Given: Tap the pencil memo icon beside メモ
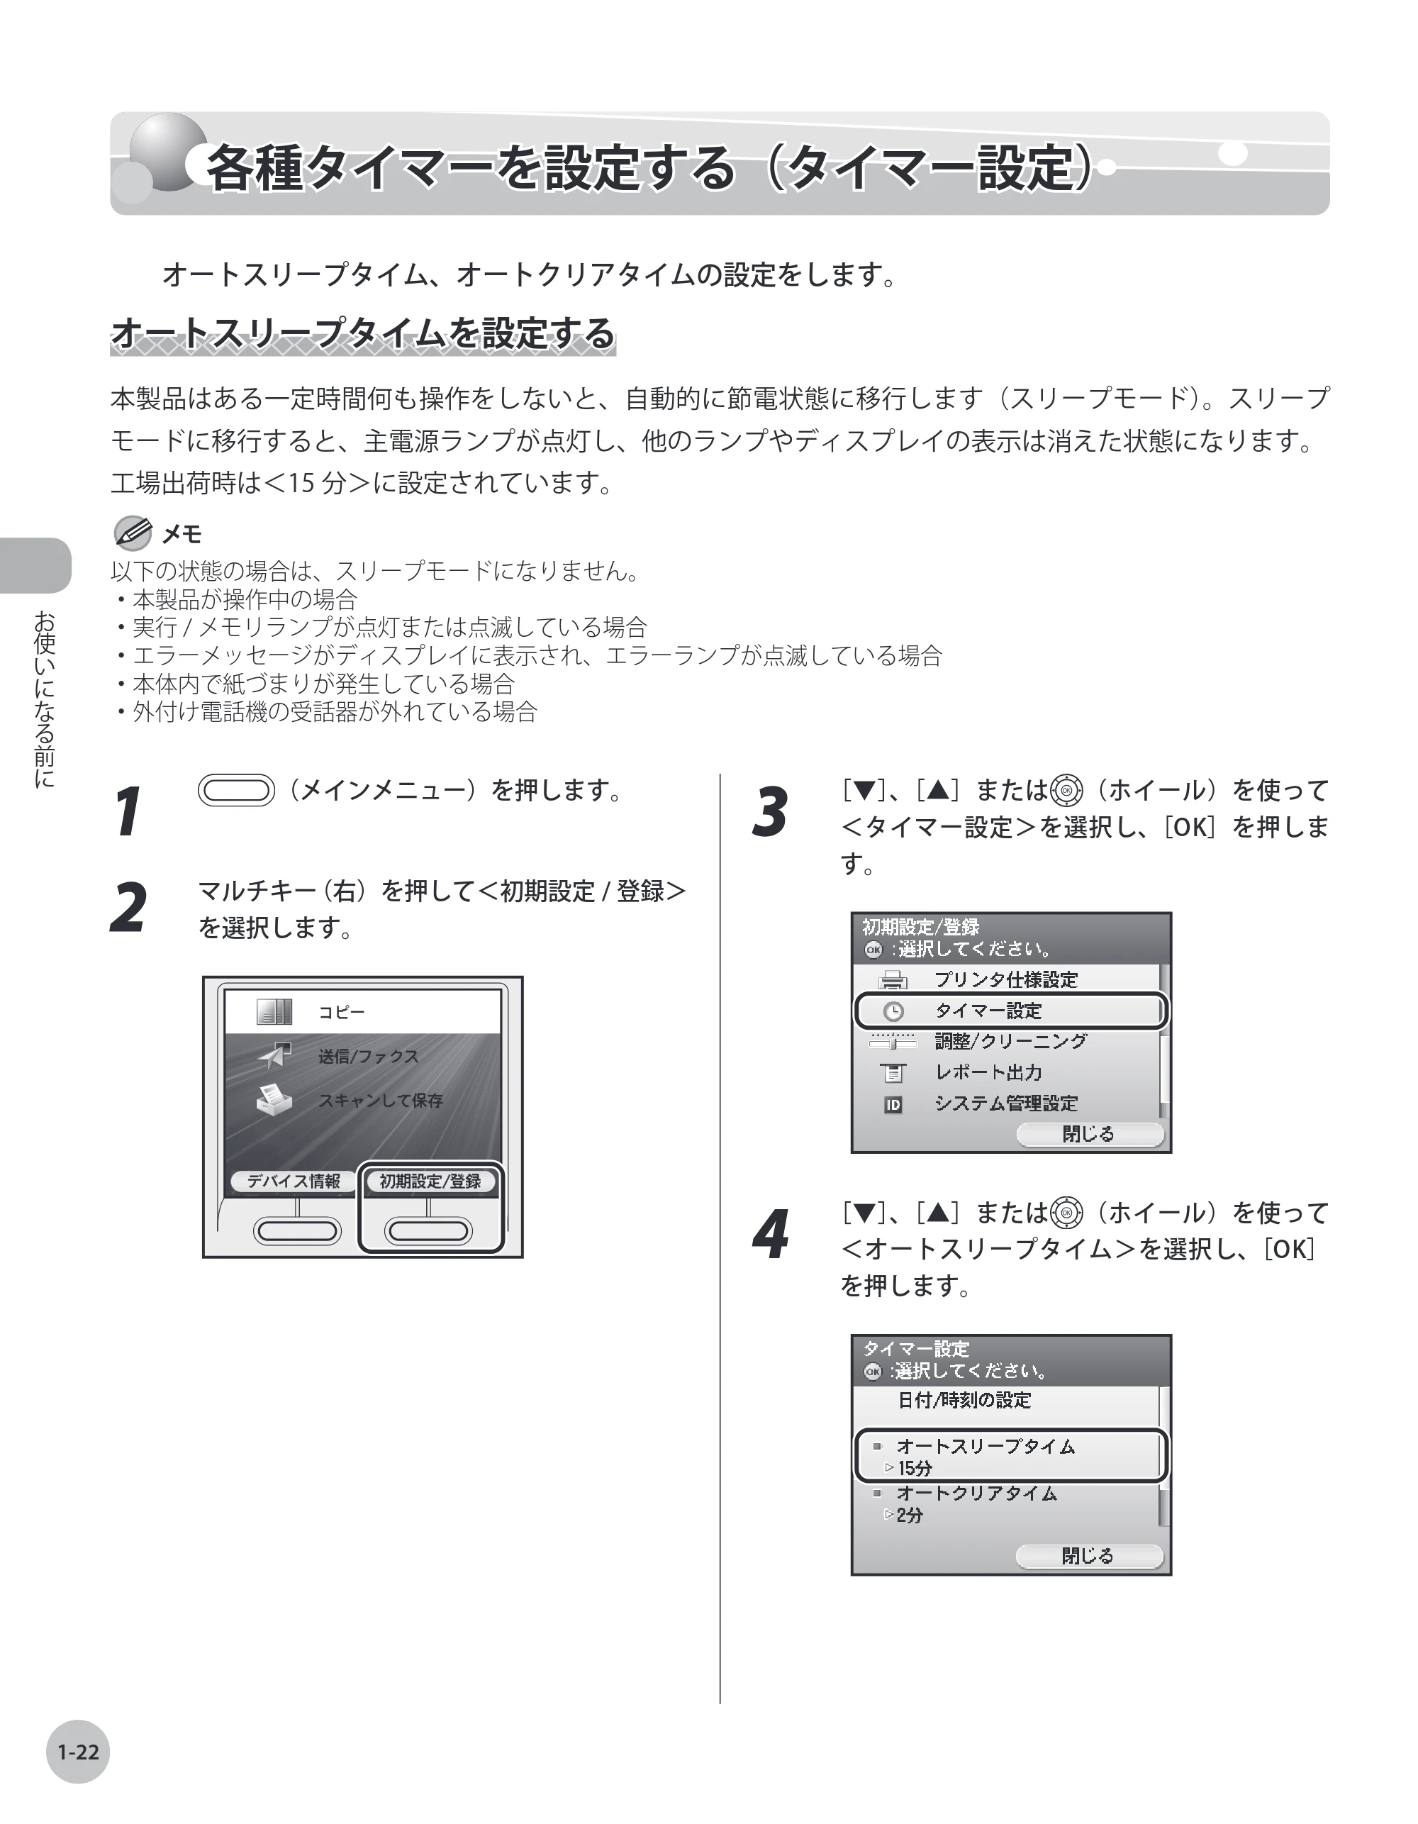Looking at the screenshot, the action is pos(132,534).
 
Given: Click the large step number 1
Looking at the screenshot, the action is pos(128,811).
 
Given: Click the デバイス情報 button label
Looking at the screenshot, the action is pos(293,1181).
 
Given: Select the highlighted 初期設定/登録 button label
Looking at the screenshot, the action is pos(431,1181).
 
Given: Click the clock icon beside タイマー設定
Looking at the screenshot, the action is pos(893,1011).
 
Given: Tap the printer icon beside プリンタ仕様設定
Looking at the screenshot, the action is pos(893,979).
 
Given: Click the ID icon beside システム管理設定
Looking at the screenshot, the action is pos(893,1105).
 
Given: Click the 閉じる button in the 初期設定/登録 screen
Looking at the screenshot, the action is pos(1089,1133).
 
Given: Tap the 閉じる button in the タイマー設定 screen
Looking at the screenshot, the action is pos(1089,1555).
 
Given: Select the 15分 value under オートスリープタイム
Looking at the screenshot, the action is pos(915,1468).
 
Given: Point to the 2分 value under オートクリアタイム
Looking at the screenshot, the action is pos(910,1515).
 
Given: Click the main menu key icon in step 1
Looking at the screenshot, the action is pos(236,790).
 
